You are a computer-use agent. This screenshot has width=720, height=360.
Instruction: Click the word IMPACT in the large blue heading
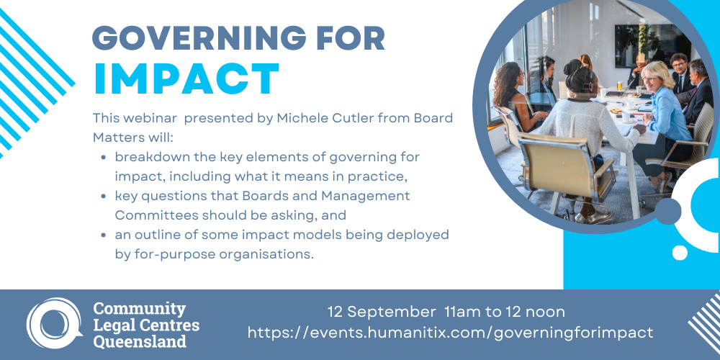tap(186, 78)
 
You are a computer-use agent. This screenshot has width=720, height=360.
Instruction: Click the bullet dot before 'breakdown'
tap(104, 158)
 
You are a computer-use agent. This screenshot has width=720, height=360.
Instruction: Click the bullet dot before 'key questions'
tap(104, 197)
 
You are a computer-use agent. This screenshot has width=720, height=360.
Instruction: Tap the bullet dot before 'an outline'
tap(104, 235)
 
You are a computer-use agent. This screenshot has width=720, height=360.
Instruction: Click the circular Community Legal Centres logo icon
tap(53, 323)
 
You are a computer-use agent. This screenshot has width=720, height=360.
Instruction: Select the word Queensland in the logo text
tap(140, 341)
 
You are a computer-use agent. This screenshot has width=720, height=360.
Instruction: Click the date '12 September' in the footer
tap(382, 312)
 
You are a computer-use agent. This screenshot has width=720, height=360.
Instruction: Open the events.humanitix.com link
tap(450, 333)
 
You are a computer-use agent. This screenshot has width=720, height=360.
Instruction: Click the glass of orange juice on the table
tap(619, 86)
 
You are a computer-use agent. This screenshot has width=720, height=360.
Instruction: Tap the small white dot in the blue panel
tap(680, 253)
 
